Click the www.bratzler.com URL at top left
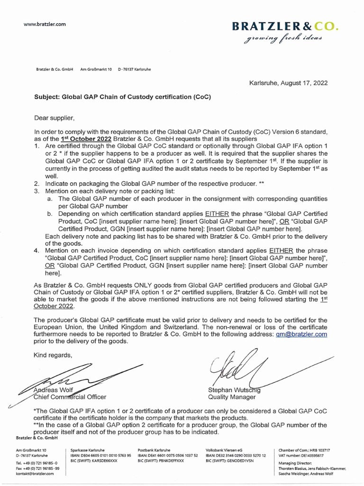click(45, 24)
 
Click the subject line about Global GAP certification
click(122, 97)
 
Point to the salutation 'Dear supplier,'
click(55, 117)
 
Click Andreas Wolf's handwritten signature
click(71, 377)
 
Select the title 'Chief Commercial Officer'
click(70, 397)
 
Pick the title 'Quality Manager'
click(231, 397)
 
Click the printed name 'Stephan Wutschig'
click(234, 390)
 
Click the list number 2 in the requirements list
click(36, 183)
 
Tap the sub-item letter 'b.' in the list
click(50, 214)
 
